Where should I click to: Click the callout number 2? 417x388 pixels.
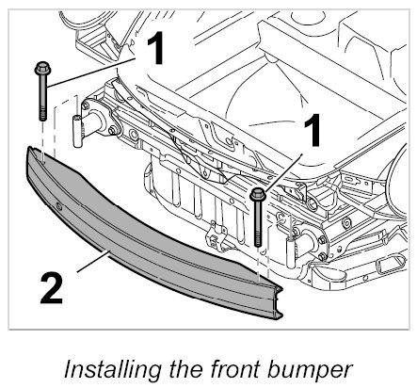[52, 288]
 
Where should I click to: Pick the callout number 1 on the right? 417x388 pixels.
[312, 130]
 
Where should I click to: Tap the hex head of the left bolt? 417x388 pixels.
[41, 69]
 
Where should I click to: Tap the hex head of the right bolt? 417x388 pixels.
[258, 194]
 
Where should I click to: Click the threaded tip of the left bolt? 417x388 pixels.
[42, 114]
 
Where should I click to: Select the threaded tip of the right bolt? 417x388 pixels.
[258, 239]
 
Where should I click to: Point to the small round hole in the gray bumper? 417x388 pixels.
[58, 206]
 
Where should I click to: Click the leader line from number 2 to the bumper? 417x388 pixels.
[93, 261]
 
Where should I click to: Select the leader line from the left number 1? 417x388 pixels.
[91, 73]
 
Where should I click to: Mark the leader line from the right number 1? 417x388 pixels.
[283, 172]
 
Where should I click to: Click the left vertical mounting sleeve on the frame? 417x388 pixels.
[77, 131]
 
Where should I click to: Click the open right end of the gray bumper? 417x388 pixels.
[277, 302]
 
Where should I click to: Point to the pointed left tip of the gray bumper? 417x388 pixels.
[29, 149]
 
